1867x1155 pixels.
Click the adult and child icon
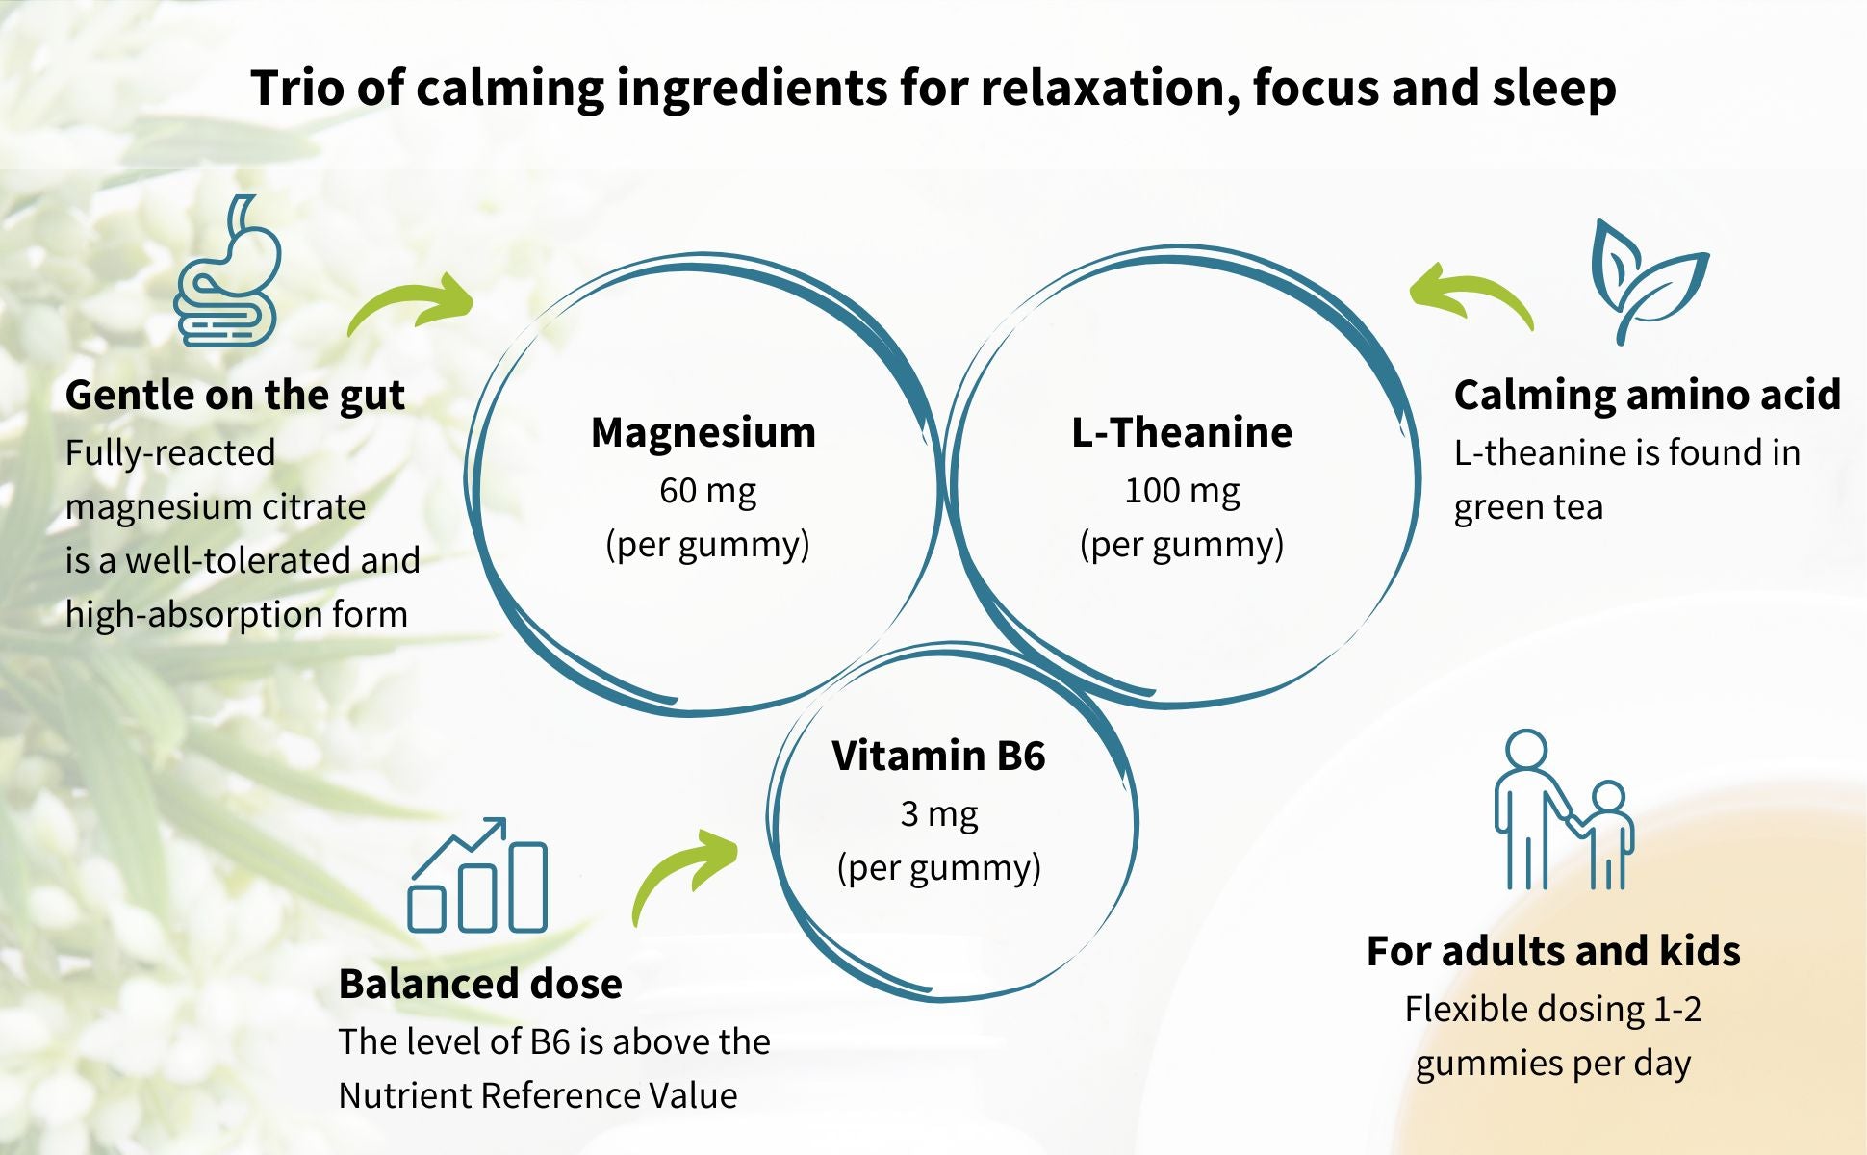(1563, 810)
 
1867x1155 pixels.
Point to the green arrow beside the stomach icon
(412, 303)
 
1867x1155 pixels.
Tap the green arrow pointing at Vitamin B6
(684, 873)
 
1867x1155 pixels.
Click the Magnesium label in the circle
(703, 432)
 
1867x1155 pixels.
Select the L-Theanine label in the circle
(1182, 432)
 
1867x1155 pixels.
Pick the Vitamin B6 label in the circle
(938, 756)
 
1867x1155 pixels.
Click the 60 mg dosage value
(707, 491)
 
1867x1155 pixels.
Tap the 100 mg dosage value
(1182, 491)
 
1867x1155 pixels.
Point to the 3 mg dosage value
(938, 814)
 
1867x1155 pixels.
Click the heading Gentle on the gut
(235, 395)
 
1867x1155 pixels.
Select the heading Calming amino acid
(1647, 395)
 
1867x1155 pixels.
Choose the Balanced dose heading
(480, 984)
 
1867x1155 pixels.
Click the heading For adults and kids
(1553, 951)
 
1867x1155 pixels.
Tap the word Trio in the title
(297, 88)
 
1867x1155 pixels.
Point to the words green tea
(1528, 507)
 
